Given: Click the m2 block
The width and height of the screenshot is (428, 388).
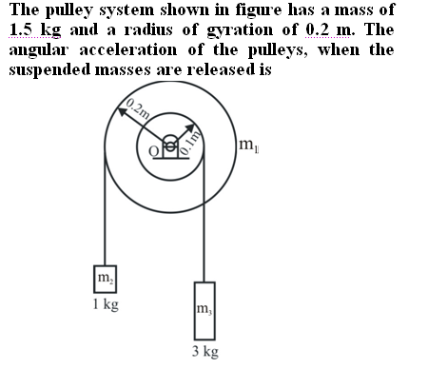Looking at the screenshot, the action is (105, 279).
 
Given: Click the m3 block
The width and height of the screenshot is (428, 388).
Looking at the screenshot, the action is (204, 311).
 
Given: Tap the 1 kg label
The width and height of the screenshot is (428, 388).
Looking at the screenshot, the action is (106, 304).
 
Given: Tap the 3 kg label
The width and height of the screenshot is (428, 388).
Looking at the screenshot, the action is (205, 352).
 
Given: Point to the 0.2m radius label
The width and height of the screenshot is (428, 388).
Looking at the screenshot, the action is (138, 108).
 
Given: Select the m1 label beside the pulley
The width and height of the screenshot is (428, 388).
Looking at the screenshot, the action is (249, 145).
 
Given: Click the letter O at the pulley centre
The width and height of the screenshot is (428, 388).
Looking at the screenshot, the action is (154, 151).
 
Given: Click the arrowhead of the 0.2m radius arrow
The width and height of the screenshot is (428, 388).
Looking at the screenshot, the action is (122, 111).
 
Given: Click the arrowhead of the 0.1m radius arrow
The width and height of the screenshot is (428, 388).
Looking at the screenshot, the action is (190, 127).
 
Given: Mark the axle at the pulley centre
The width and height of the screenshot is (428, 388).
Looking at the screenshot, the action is (170, 146).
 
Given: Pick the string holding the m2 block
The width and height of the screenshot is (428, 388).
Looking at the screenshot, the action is (105, 208).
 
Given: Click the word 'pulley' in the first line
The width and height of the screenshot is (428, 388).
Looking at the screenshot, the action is (68, 10).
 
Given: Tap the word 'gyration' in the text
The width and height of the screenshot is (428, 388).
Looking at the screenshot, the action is (240, 31).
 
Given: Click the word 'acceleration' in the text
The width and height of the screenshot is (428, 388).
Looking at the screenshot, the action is (127, 50).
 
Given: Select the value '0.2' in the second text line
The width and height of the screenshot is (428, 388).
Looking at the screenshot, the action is (319, 30).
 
